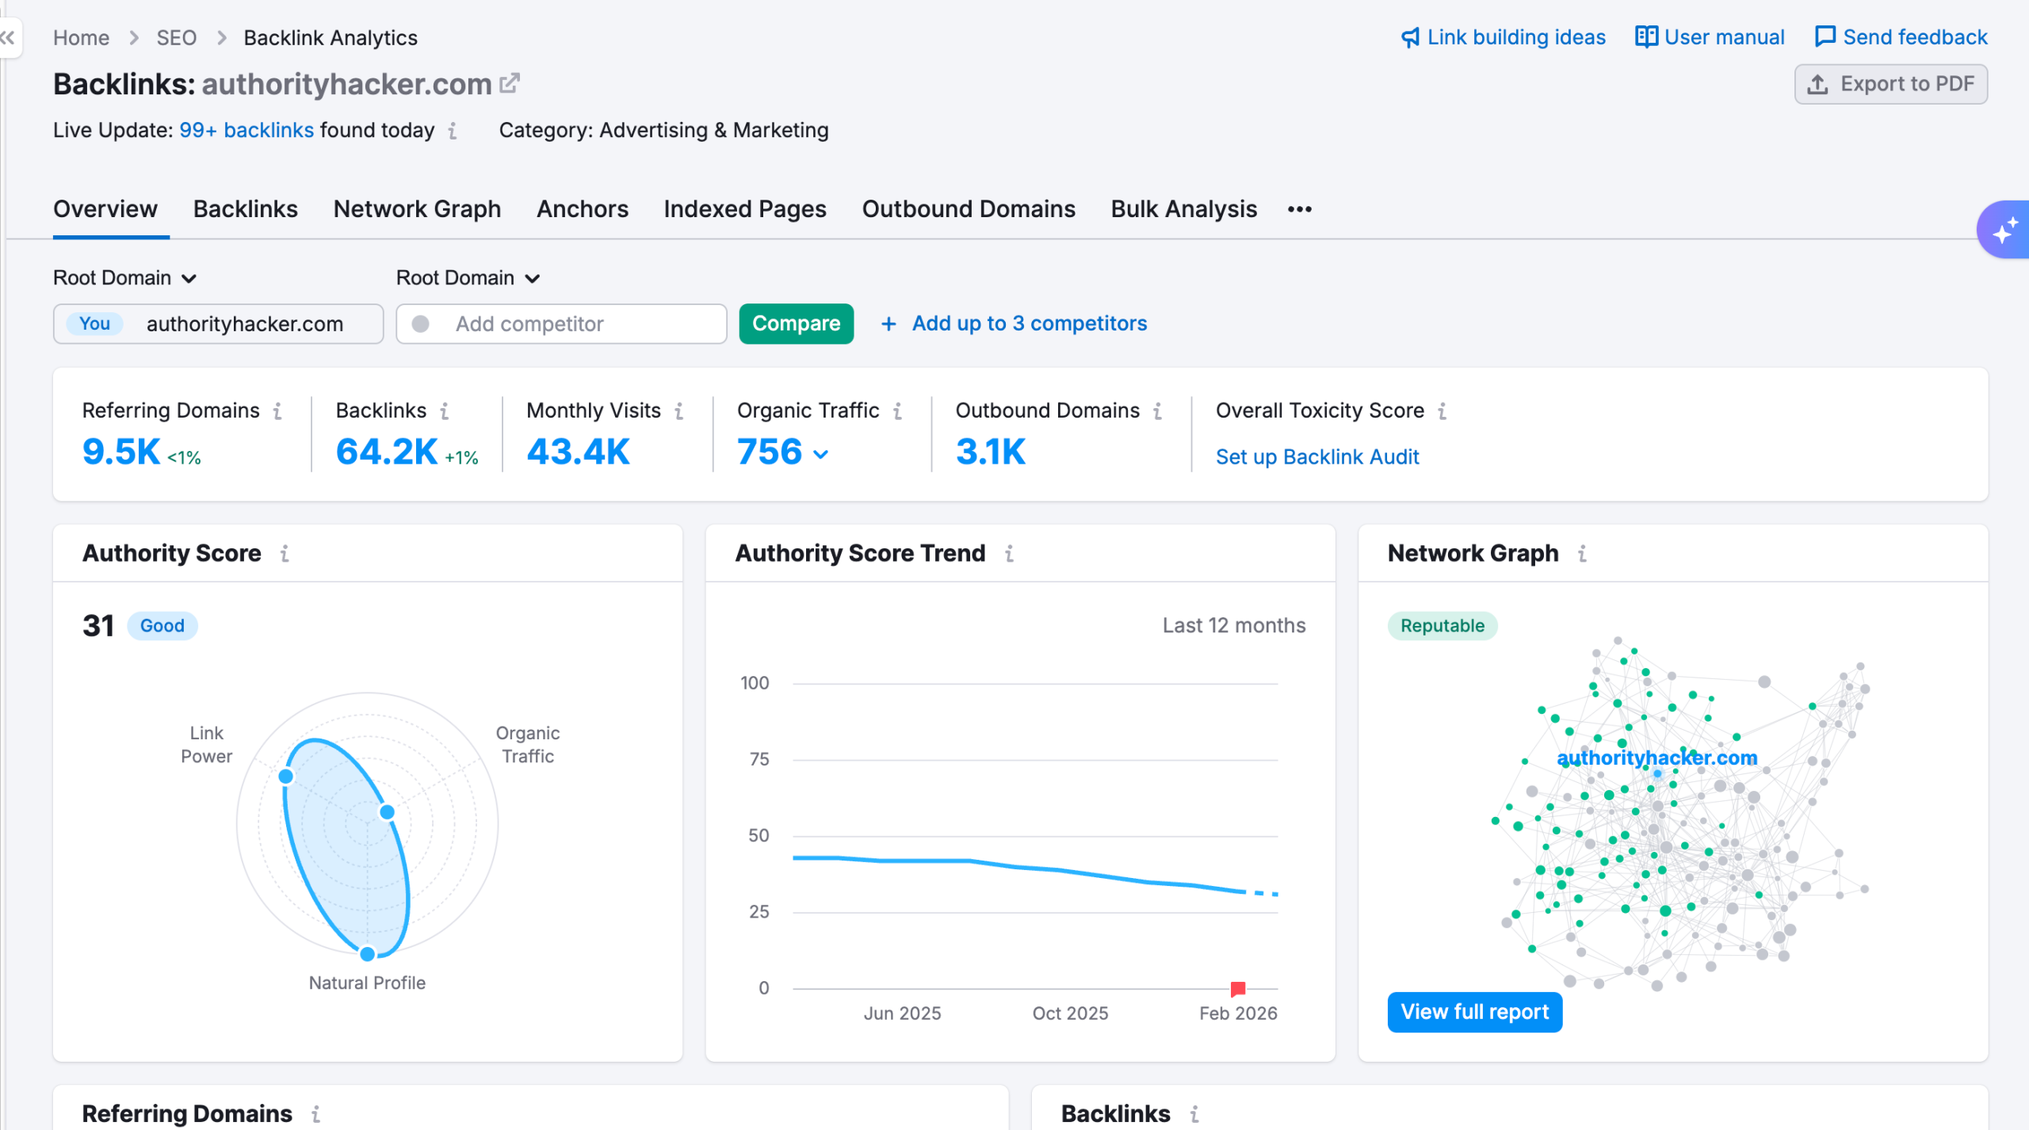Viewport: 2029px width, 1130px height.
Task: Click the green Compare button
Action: [796, 323]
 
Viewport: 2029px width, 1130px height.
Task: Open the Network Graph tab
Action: [417, 209]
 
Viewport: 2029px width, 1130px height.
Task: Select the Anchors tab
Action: [582, 209]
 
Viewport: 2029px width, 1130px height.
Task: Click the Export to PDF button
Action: [1890, 84]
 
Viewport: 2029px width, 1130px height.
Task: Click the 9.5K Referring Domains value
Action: [121, 452]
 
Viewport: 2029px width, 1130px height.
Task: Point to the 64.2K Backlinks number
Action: [387, 452]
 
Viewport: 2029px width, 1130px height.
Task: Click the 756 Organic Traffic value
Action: [770, 452]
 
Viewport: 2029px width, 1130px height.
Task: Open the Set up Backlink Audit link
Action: [1316, 457]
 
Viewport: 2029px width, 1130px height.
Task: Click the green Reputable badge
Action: [1442, 626]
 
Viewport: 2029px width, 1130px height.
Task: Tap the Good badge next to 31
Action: [162, 626]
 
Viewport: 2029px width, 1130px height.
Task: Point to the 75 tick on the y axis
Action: [758, 759]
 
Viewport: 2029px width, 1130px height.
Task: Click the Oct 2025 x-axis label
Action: [1069, 1014]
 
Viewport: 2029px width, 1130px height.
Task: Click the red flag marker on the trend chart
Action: [1237, 988]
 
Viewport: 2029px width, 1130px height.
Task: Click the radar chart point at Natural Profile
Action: [367, 954]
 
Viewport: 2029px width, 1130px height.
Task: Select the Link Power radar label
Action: [206, 745]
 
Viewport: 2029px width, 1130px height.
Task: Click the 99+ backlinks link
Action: [246, 130]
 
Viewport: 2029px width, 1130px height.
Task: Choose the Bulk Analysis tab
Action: [1183, 209]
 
